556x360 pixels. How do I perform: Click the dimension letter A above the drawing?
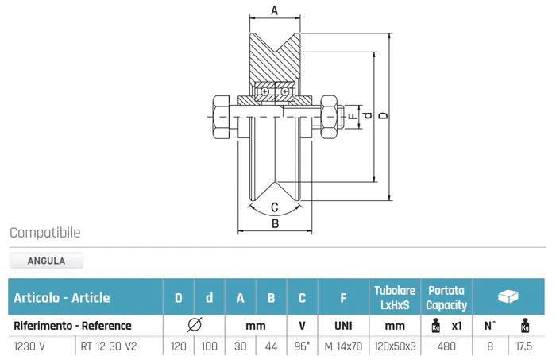pos(274,10)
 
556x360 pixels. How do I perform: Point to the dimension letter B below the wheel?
pos(275,223)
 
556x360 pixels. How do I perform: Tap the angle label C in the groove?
pos(275,207)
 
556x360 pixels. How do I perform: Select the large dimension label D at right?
pos(383,116)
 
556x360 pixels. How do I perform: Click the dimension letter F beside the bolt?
pos(352,116)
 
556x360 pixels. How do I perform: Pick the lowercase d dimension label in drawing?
pos(366,116)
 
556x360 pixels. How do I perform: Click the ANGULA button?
pos(46,260)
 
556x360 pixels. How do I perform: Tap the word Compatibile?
pos(45,233)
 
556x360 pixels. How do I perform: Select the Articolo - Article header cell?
pos(62,298)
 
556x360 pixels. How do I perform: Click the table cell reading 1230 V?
pos(29,346)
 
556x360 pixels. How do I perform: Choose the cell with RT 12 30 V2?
pos(109,346)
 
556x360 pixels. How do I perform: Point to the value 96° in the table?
pos(303,346)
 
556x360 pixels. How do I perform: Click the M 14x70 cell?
pos(343,346)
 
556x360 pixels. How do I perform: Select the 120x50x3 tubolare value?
pos(395,346)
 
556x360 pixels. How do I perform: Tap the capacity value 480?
pos(446,346)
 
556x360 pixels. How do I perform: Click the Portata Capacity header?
pos(446,297)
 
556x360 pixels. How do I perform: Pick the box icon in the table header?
pos(508,296)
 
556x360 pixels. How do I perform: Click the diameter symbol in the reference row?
pos(194,325)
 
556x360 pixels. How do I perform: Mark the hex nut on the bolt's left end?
pos(219,118)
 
